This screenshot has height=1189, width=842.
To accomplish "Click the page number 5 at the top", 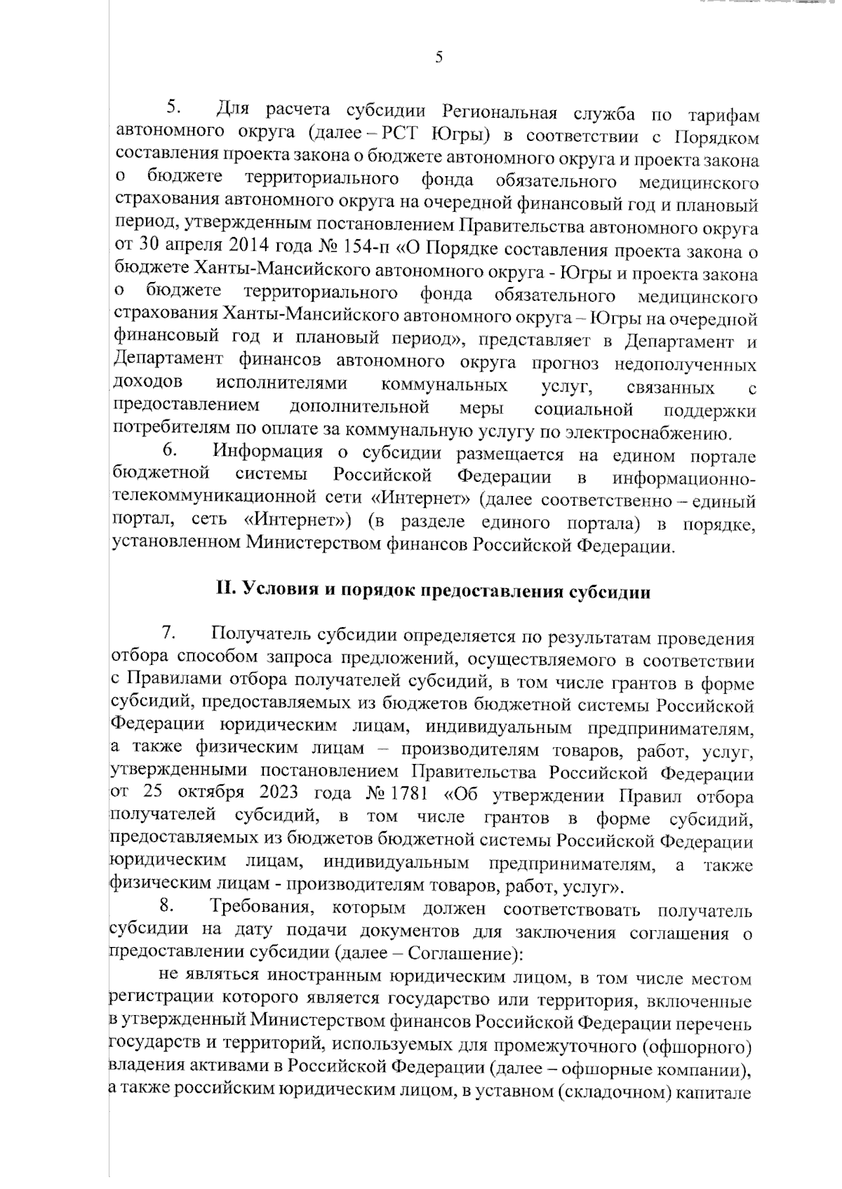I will click(x=439, y=58).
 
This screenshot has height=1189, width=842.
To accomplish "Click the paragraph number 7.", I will click(x=168, y=633).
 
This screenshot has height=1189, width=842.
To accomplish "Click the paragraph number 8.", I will click(x=168, y=910).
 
